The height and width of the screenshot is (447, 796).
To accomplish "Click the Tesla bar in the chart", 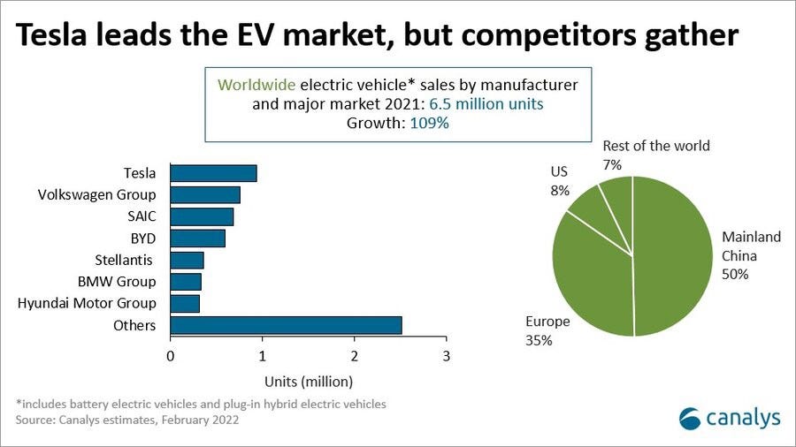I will point(213,173).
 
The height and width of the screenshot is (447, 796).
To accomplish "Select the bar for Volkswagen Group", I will point(204,194).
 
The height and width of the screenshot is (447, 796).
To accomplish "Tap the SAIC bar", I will point(202,216).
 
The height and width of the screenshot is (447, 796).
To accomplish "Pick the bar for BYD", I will point(197,239).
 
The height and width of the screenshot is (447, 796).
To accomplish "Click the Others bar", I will point(286,325).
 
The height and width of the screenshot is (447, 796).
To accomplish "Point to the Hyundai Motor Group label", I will point(87,303).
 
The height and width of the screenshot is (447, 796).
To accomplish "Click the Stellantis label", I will point(125,260).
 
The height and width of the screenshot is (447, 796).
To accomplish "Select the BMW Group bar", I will point(186,282).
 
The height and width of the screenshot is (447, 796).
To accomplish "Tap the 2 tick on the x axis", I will point(355,357).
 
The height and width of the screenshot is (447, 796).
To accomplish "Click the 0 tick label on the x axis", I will point(171,357).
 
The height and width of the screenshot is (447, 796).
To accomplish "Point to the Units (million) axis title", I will point(308,382).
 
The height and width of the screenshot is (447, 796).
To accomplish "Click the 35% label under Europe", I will point(539,339).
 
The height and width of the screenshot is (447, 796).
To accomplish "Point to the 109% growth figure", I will point(429,124).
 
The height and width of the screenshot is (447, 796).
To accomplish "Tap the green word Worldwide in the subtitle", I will point(256,85).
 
